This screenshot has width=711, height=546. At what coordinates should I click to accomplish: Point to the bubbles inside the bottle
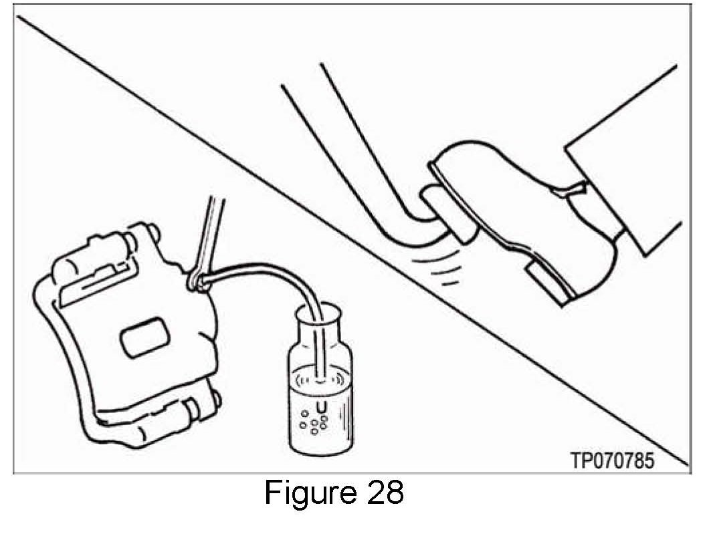point(312,421)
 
